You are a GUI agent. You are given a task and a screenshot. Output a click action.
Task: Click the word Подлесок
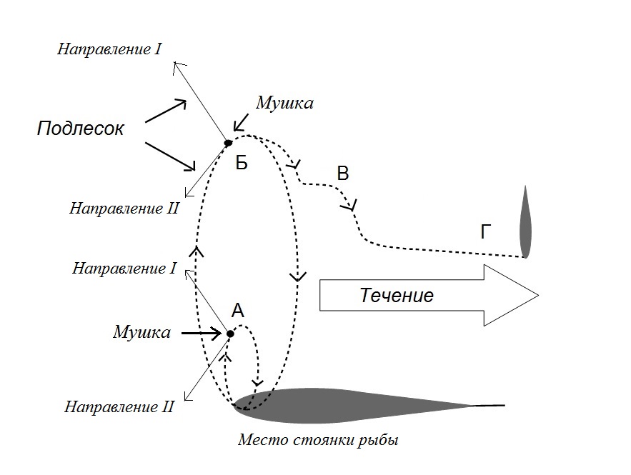[81, 129]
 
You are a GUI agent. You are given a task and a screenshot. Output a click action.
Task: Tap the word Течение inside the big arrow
[397, 296]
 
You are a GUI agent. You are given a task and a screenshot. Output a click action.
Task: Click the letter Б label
[242, 163]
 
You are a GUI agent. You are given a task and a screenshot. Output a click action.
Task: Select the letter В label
[342, 174]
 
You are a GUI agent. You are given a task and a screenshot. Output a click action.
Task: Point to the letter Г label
[486, 231]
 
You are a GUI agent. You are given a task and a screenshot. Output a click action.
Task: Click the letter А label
[238, 311]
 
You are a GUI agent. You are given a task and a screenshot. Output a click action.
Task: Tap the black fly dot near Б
[228, 143]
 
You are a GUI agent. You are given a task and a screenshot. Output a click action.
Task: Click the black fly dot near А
[230, 334]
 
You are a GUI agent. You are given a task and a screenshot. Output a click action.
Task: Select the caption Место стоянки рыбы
[318, 440]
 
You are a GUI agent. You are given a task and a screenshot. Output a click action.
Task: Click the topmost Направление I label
[109, 49]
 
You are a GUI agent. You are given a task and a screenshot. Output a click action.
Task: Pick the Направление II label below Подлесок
[124, 209]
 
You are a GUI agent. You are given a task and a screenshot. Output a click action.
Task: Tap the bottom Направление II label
[119, 406]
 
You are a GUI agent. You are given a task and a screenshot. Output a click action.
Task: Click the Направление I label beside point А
[124, 269]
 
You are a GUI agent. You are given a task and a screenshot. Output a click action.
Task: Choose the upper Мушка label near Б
[284, 103]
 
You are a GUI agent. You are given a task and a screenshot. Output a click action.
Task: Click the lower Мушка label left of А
[141, 332]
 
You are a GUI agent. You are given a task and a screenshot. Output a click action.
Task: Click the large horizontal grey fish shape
[354, 406]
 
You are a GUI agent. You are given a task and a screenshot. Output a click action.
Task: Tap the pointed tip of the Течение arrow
[538, 295]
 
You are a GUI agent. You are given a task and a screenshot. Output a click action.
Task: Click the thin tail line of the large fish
[490, 406]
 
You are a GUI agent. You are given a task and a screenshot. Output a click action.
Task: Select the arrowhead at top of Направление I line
[176, 66]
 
